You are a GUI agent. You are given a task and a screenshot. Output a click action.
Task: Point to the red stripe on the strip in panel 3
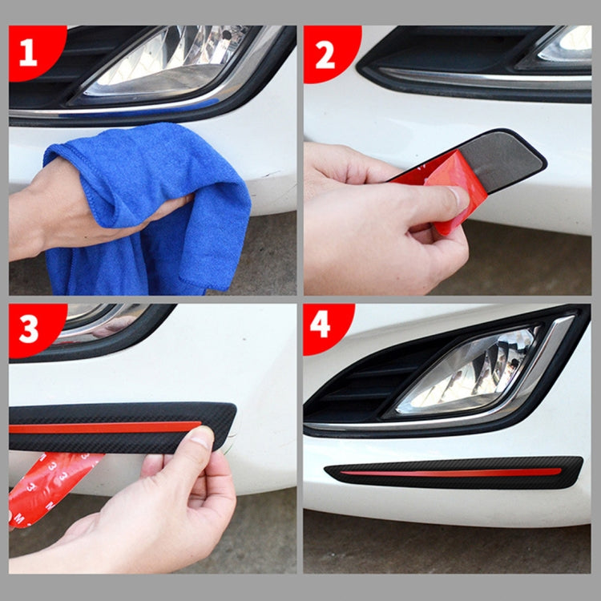pyautogui.click(x=104, y=427)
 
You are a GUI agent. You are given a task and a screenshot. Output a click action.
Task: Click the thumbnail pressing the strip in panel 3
pyautogui.click(x=200, y=439)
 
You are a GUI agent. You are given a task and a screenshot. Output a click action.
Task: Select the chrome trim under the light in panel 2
pyautogui.click(x=481, y=80)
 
